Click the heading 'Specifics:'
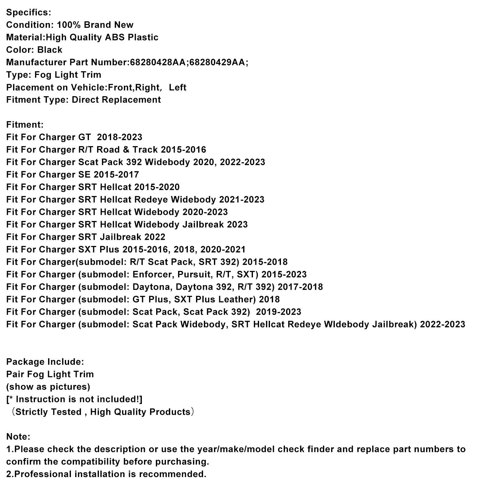point(29,12)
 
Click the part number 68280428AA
point(157,62)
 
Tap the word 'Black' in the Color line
point(50,50)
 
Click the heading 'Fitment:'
point(25,125)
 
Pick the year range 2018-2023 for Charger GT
point(120,137)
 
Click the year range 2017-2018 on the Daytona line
point(300,287)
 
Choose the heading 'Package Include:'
point(45,362)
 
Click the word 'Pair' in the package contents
point(16,374)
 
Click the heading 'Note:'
point(18,437)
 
